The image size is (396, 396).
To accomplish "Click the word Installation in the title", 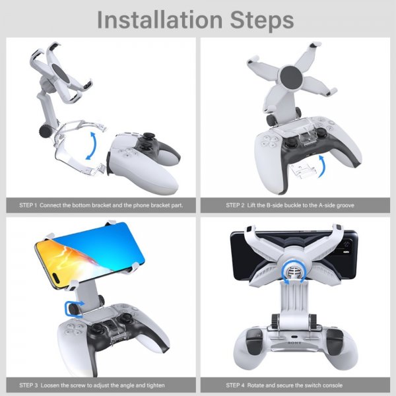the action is [160, 20].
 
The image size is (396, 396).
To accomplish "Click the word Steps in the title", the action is [262, 20].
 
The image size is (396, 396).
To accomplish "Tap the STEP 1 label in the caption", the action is [28, 205].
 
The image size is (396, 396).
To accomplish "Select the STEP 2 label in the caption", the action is [235, 205].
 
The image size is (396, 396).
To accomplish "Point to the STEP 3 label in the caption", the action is [28, 385].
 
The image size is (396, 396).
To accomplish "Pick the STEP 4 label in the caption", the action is [235, 385].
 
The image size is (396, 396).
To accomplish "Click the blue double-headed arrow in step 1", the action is [92, 146].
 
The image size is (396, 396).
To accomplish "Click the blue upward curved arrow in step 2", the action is [321, 166].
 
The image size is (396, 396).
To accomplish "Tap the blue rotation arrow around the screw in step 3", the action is [74, 309].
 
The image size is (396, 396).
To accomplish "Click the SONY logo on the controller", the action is [294, 343].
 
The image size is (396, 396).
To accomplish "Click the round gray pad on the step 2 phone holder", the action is [291, 77].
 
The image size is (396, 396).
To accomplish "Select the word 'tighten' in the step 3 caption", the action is [155, 385].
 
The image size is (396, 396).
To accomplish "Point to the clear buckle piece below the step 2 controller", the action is [302, 171].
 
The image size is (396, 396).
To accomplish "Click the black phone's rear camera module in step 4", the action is [346, 248].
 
